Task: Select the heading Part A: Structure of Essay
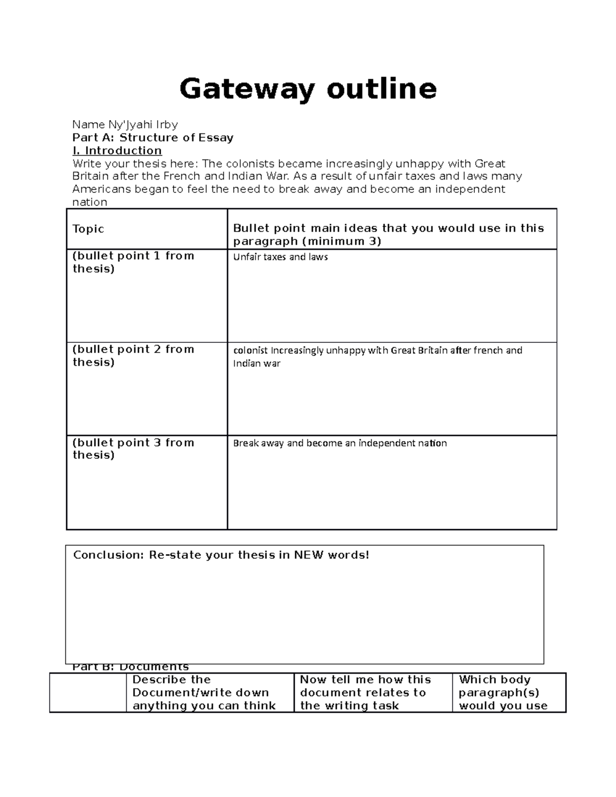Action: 153,138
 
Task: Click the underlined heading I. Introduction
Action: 117,150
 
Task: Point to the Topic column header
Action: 88,229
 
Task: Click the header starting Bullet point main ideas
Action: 388,235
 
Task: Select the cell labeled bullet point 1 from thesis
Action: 133,262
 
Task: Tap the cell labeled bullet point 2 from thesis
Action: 133,356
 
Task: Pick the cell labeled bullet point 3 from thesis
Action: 133,449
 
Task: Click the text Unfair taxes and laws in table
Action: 280,257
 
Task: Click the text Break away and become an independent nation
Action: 340,443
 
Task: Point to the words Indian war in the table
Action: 257,363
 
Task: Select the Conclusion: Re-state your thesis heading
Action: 221,555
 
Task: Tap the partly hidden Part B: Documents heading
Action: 131,667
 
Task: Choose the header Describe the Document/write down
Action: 204,692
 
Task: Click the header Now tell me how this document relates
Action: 365,692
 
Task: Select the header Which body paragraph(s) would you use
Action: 503,692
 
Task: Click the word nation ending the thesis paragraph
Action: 90,202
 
